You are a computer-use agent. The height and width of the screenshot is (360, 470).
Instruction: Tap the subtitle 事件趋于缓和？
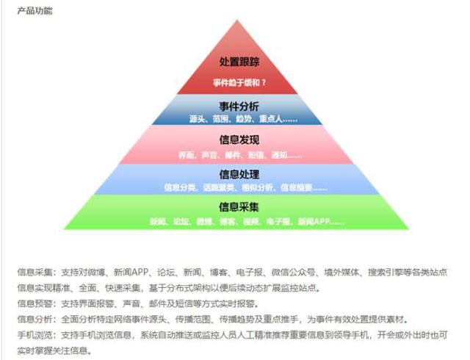point(239,82)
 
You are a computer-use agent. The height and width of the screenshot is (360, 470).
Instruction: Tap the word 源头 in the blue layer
point(197,119)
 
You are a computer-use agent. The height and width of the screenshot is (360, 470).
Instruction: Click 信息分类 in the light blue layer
point(176,187)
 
